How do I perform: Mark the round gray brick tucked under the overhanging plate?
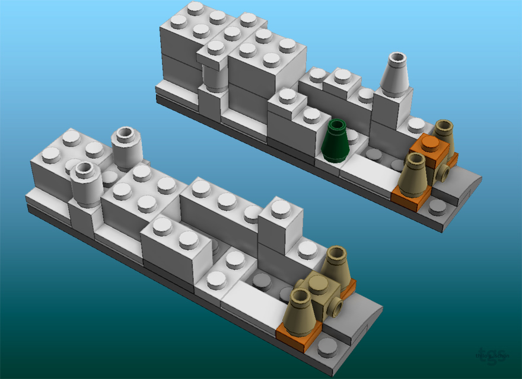[214, 77]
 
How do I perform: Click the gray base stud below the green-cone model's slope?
[438, 207]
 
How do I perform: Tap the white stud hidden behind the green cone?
[354, 136]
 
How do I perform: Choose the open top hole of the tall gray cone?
[397, 58]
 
